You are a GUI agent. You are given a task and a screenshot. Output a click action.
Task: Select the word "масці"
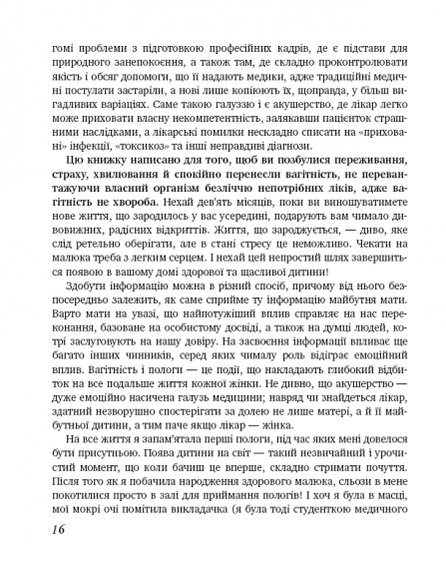pyautogui.click(x=386, y=519)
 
